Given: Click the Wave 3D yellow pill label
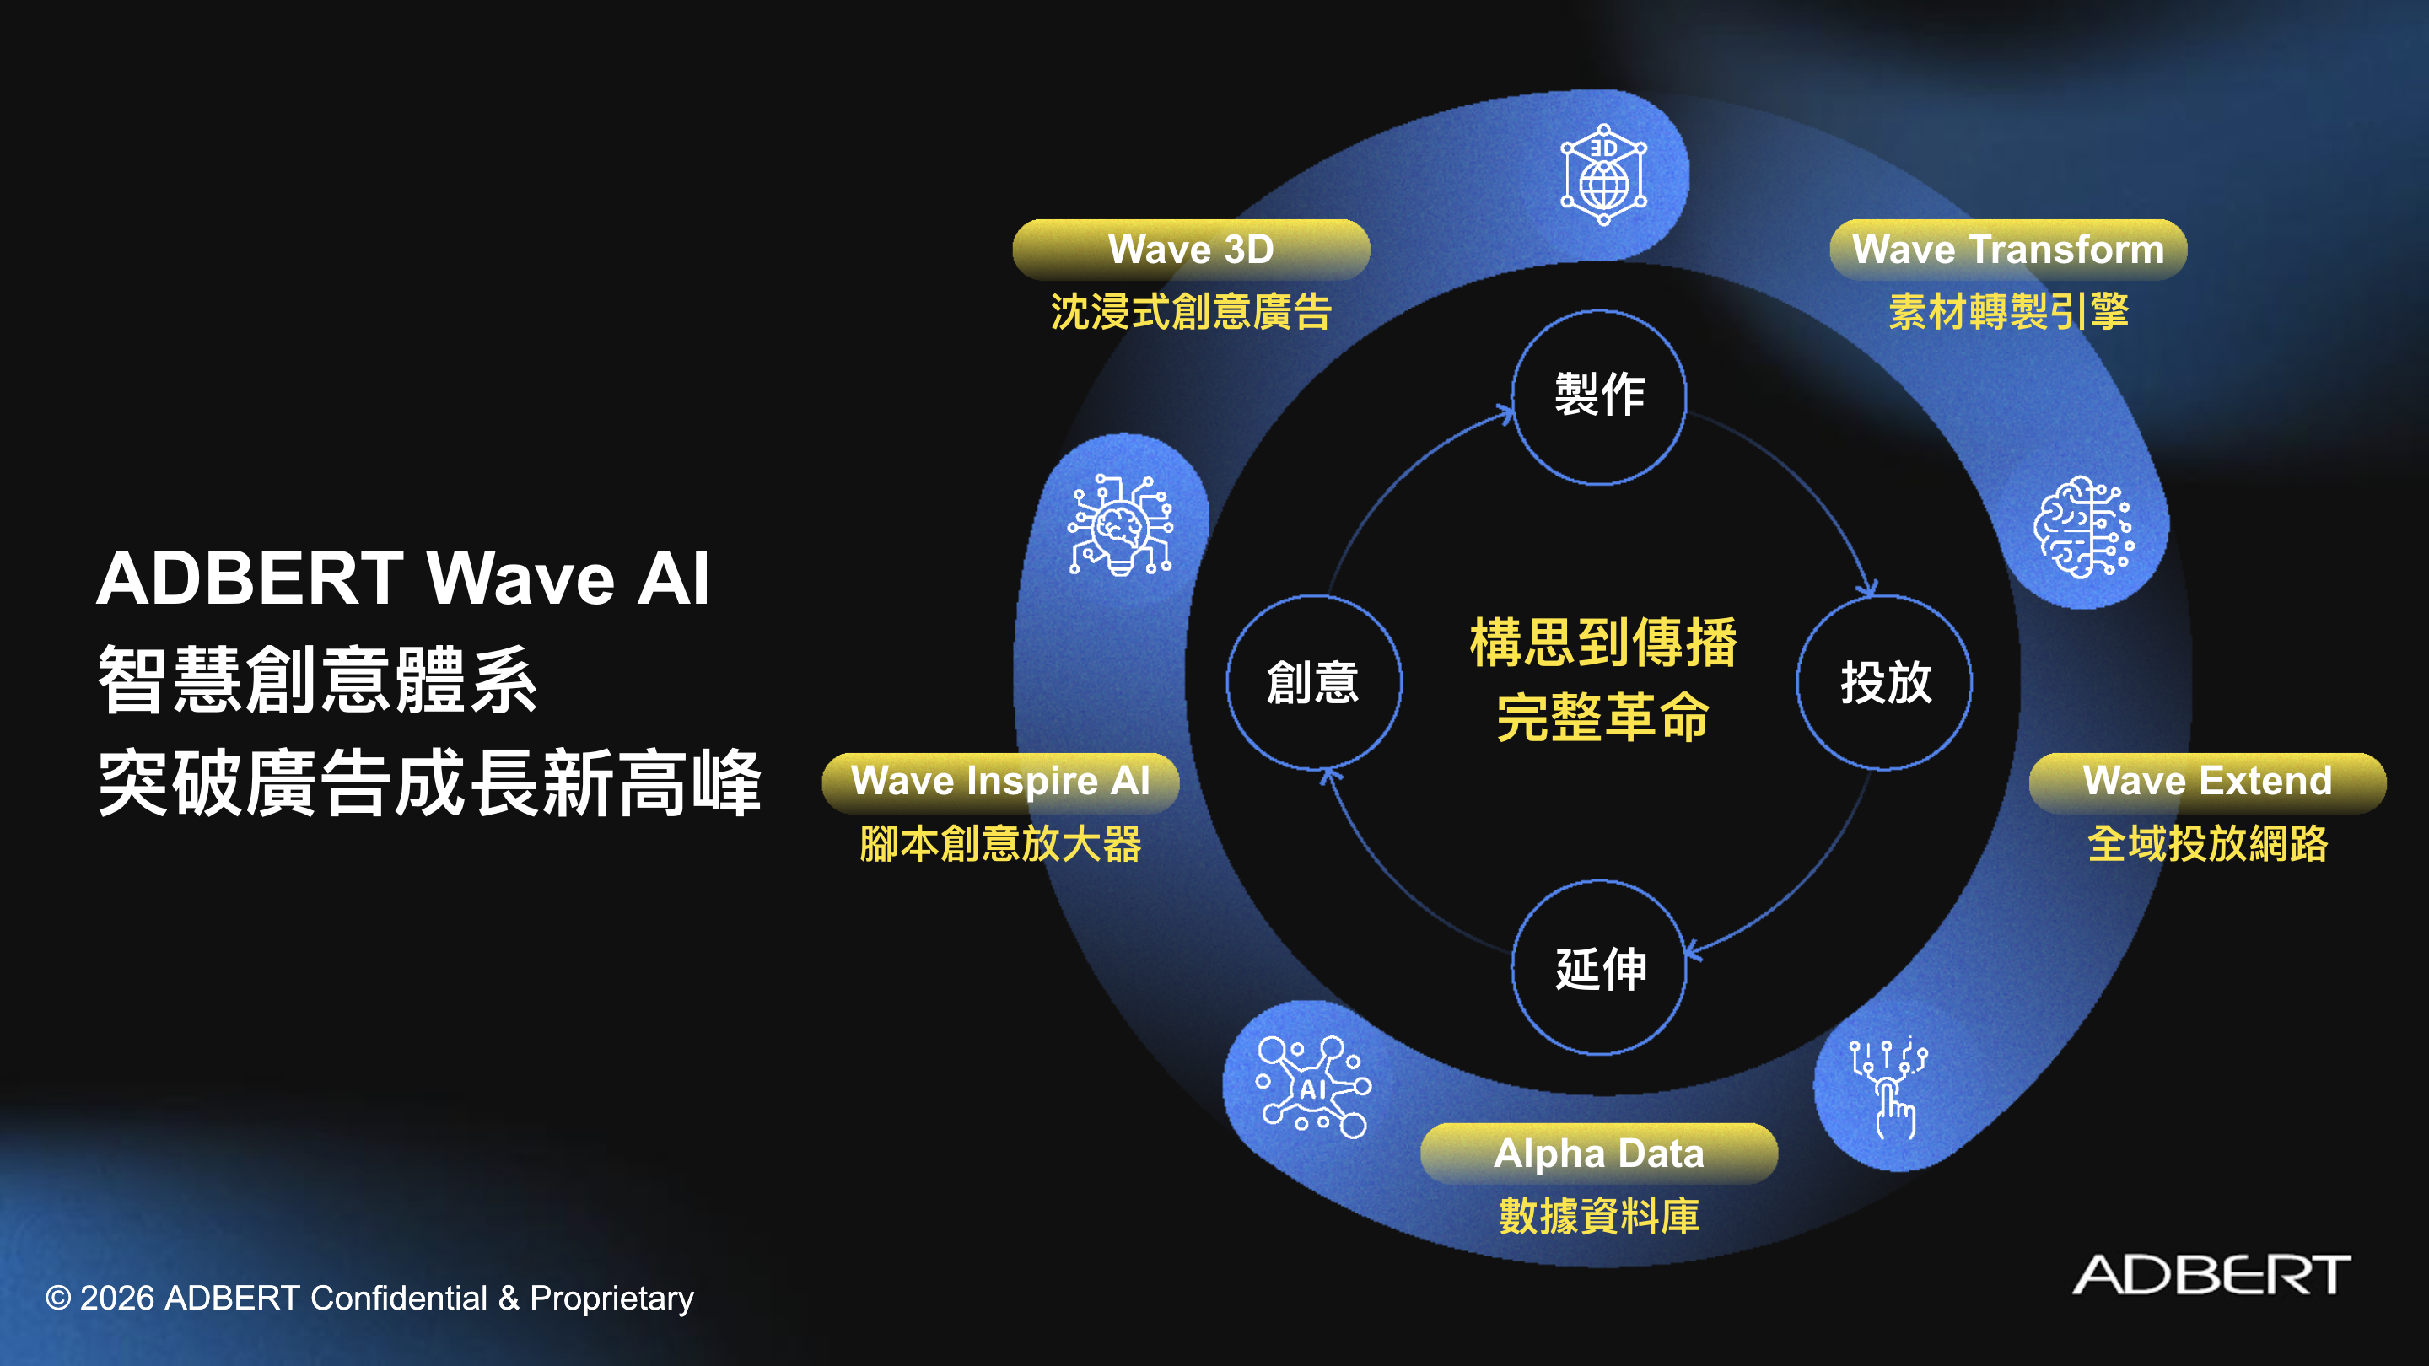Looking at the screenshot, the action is pos(1191,250).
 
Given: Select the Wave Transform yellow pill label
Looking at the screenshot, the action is pos(2008,250).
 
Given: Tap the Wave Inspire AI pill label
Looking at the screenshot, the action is pos(1000,782).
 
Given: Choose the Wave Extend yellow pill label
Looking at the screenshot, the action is pos(2207,782).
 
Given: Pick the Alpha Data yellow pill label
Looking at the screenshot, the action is pos(1599,1153).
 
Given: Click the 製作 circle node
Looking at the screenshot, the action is pos(1599,397).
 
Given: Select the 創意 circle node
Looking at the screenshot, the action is pos(1313,682).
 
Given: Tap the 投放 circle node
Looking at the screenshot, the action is pos(1885,682).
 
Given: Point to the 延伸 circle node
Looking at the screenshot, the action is pos(1599,968).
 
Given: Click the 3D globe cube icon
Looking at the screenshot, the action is pos(1604,175).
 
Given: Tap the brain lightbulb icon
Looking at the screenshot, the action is pos(1120,525).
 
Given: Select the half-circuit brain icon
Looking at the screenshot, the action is pos(2084,527).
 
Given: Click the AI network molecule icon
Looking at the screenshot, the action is pos(1313,1087).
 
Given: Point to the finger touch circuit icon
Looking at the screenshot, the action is pos(1888,1089).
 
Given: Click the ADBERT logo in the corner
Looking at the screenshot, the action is pos(2211,1275).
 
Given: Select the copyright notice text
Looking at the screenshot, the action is pos(369,1299).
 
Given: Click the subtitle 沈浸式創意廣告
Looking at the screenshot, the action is pos(1191,312).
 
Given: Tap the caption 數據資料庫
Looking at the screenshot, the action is pos(1599,1216).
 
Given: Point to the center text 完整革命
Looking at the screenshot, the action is pos(1603,718).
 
